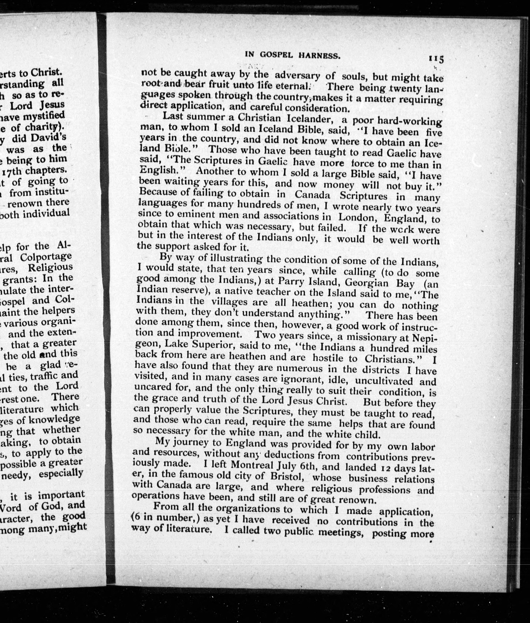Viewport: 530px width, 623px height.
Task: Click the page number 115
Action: coord(436,59)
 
